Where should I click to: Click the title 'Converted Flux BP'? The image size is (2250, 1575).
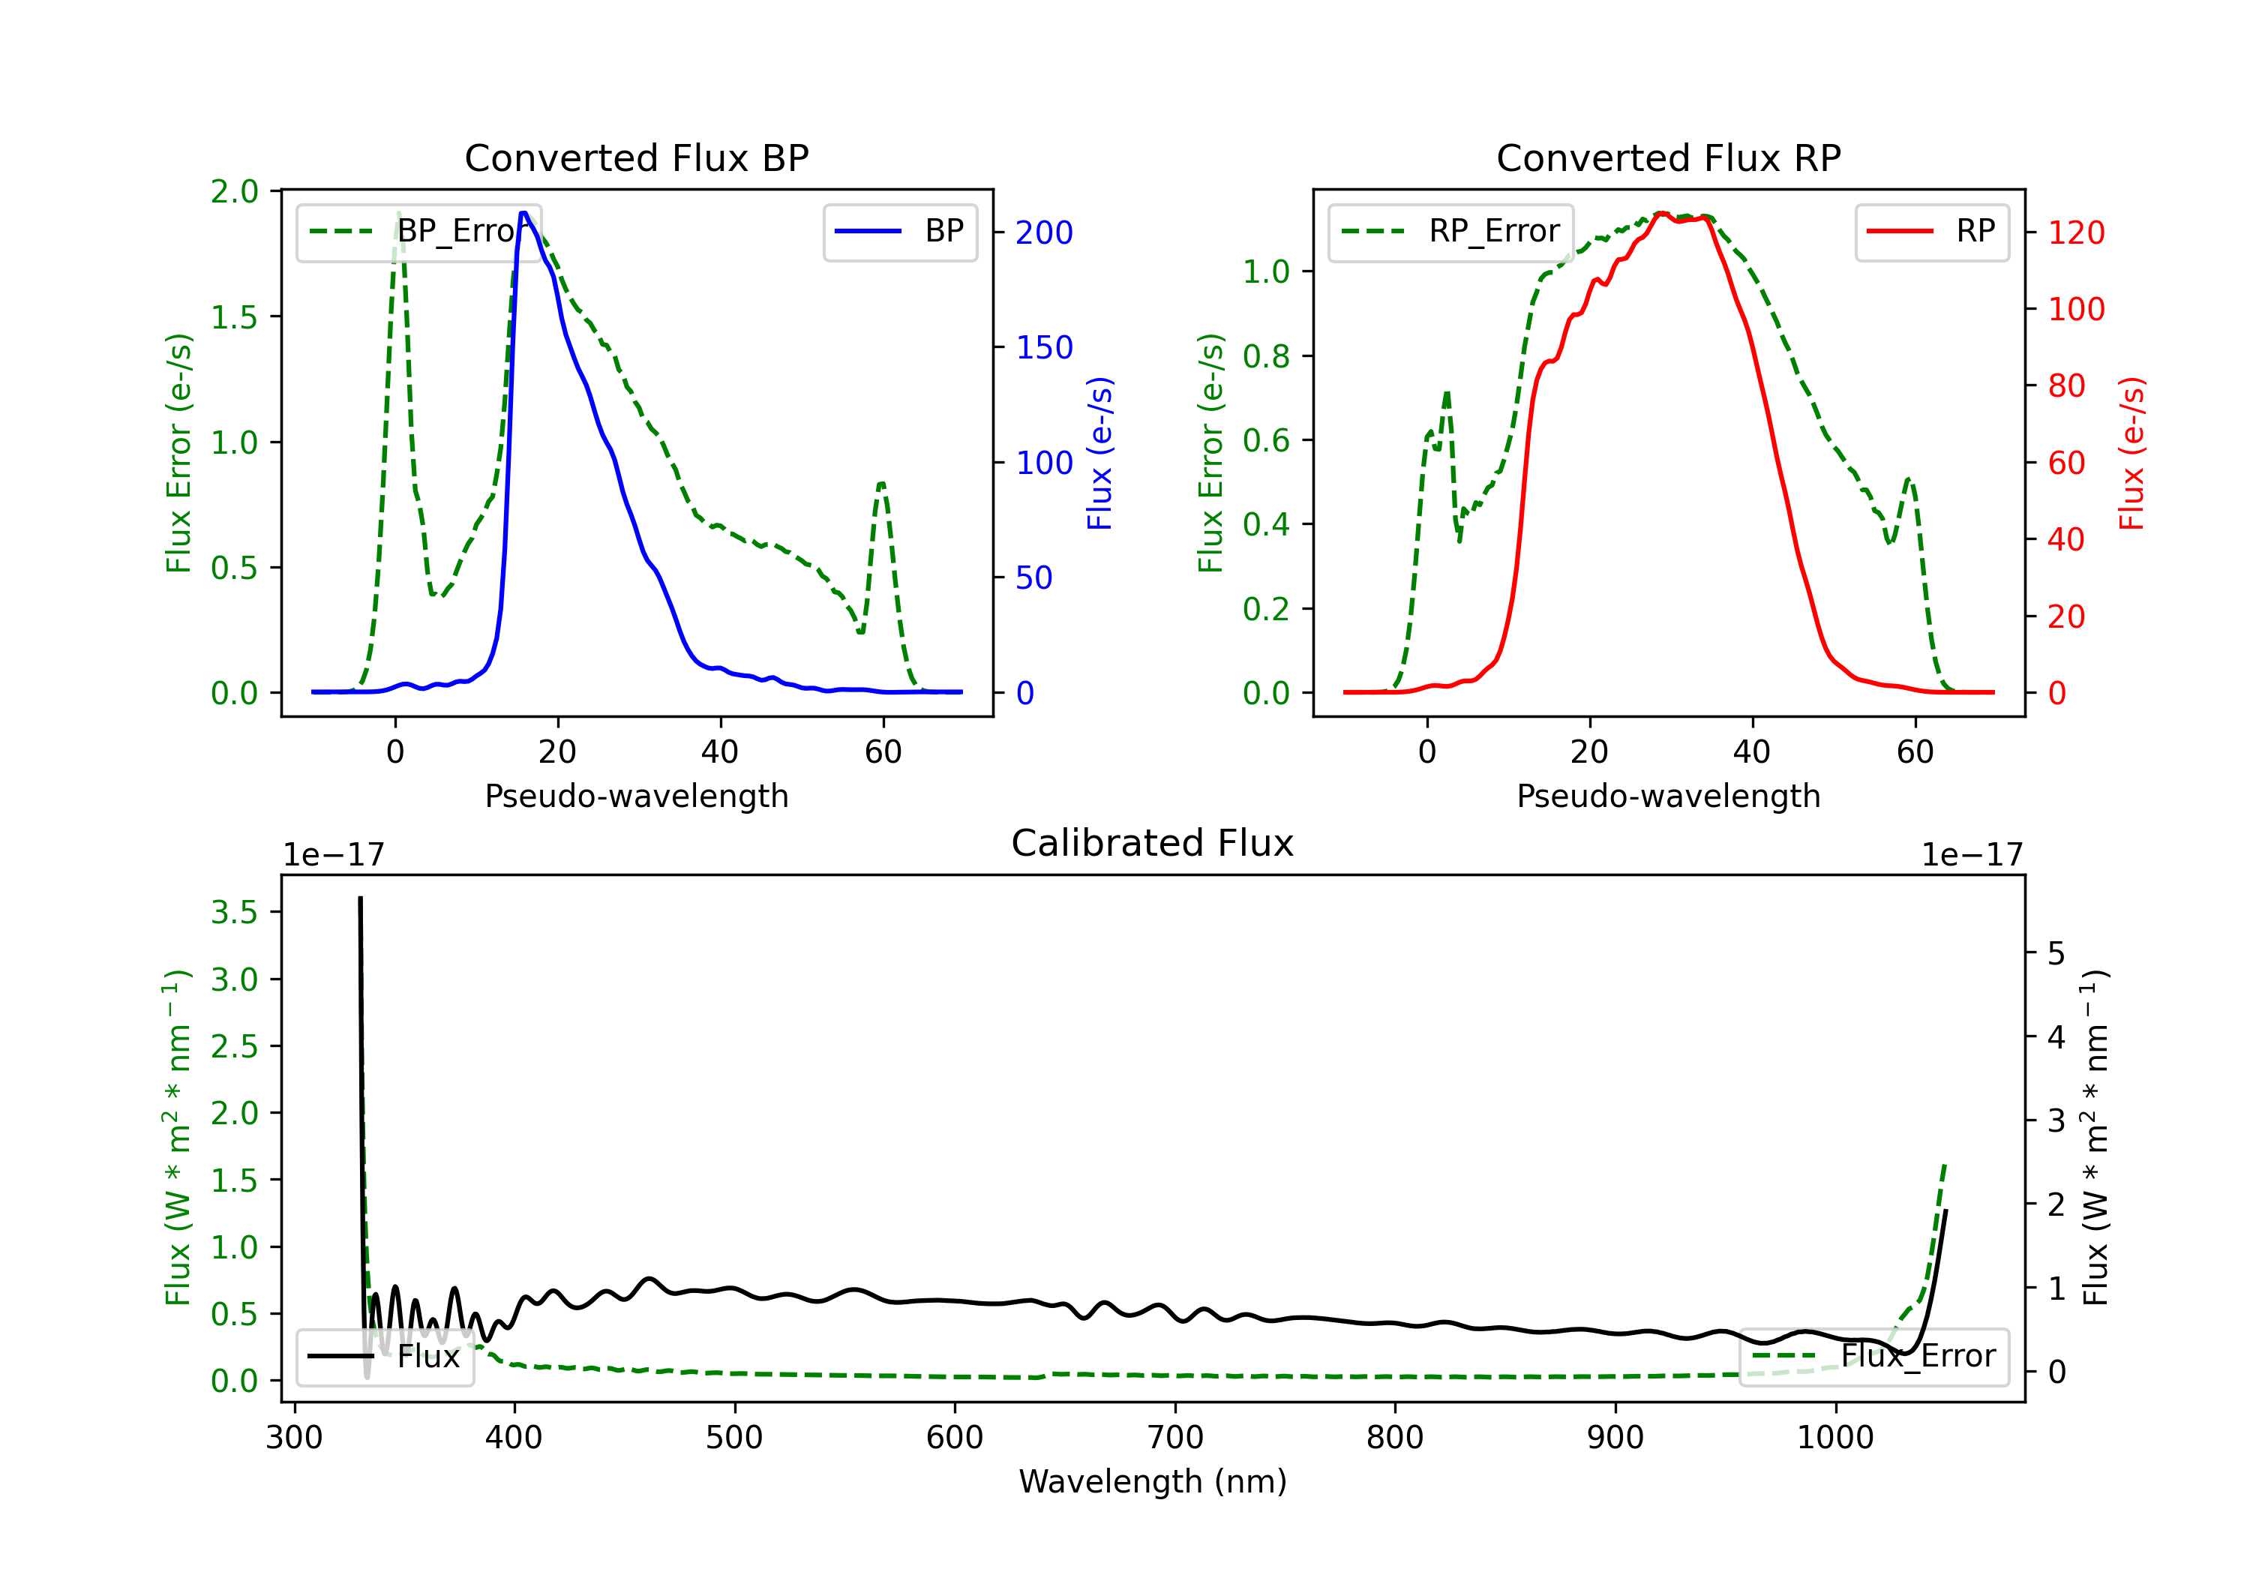pyautogui.click(x=636, y=157)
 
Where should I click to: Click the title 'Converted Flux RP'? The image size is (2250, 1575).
pyautogui.click(x=1668, y=157)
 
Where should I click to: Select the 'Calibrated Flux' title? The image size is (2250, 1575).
pyautogui.click(x=1153, y=843)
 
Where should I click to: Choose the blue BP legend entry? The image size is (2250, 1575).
pyautogui.click(x=899, y=231)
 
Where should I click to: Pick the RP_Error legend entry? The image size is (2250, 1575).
pyautogui.click(x=1450, y=231)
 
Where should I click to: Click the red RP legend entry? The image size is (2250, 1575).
pyautogui.click(x=1931, y=231)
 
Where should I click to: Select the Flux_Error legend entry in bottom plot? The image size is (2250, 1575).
pyautogui.click(x=1873, y=1357)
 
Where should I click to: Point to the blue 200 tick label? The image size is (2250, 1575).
pyautogui.click(x=1044, y=232)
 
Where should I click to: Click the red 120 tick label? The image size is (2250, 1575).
pyautogui.click(x=2075, y=232)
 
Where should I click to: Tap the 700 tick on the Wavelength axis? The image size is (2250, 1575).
pyautogui.click(x=1174, y=1438)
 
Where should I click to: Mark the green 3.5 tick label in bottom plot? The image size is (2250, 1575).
pyautogui.click(x=234, y=913)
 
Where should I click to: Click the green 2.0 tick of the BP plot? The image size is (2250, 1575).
pyautogui.click(x=234, y=191)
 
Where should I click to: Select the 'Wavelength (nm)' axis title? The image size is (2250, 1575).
pyautogui.click(x=1153, y=1482)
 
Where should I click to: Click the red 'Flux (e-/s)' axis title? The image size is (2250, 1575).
pyautogui.click(x=2131, y=453)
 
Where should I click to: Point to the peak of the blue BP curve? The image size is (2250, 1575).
pyautogui.click(x=524, y=213)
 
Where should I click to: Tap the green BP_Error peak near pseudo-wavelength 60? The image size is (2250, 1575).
pyautogui.click(x=882, y=482)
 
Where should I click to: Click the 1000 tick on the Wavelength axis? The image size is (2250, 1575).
pyautogui.click(x=1834, y=1438)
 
